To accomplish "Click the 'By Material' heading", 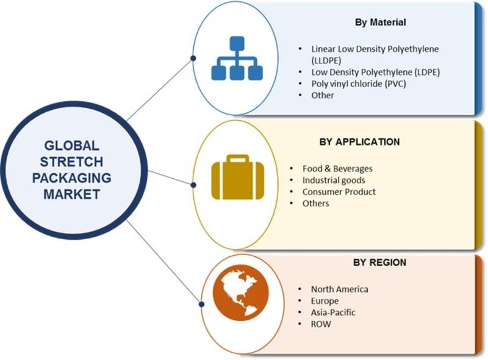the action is point(380,23).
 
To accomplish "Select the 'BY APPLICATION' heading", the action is point(359,142).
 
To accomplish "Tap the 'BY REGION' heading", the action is point(379,262).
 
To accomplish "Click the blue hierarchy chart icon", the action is point(237,58).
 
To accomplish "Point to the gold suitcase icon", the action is point(238,177).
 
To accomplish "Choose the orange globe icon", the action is point(240,293).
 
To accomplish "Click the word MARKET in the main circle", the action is point(71,194).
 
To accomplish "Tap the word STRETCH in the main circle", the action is point(71,162).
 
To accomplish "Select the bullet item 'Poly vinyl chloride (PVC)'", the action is point(359,84).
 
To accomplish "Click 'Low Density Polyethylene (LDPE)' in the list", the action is point(376,72).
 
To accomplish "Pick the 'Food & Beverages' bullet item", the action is point(337,169).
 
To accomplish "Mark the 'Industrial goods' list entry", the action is point(334,181).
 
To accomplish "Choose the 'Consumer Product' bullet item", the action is point(339,192).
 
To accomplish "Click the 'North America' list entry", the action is point(340,290).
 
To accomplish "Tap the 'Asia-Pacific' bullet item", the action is point(333,312).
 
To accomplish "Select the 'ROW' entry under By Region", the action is point(321,324).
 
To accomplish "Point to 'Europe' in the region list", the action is point(325,301).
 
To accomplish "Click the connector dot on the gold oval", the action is point(193,185).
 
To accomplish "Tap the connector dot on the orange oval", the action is point(201,304).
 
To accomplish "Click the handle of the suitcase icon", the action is point(238,159).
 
